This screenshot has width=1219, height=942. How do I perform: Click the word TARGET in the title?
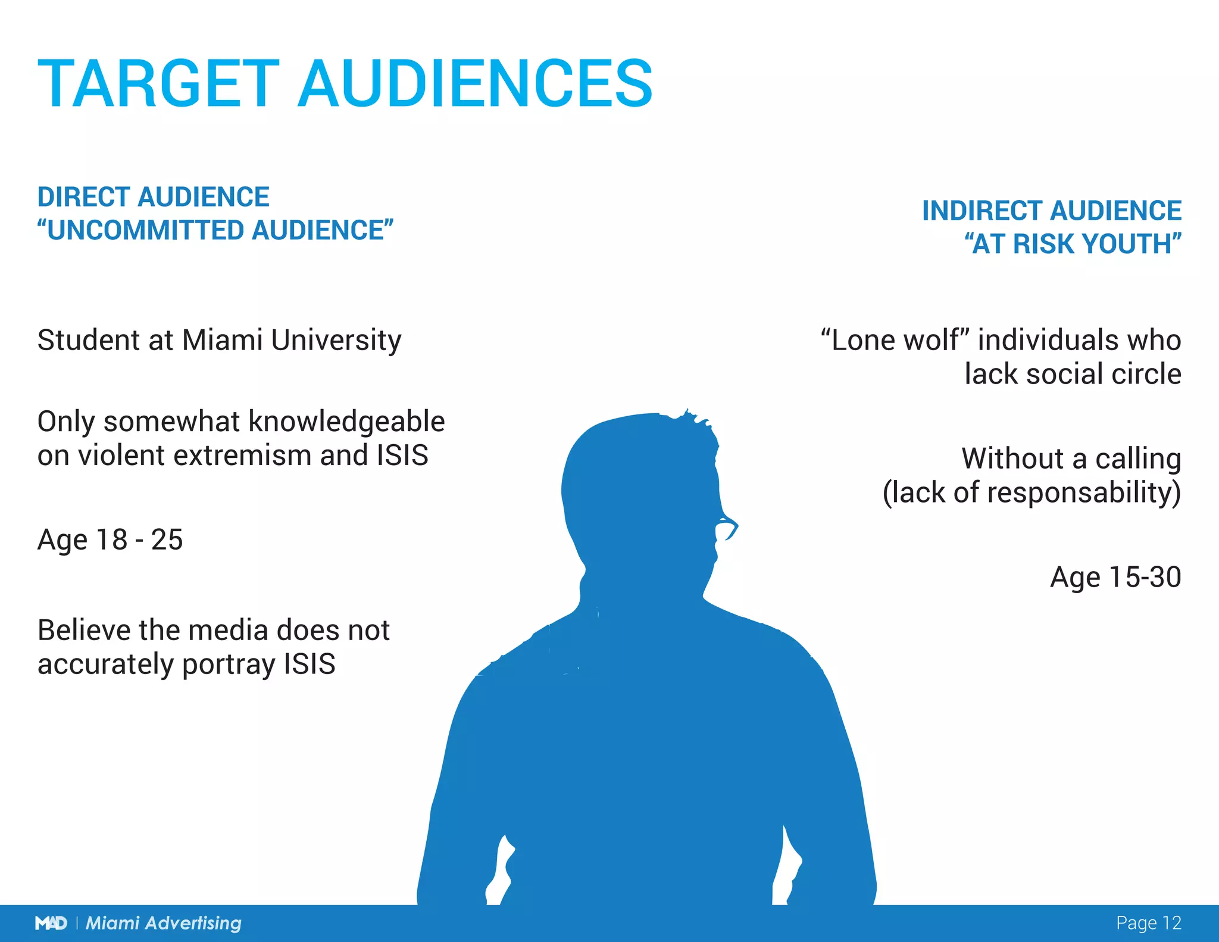(x=158, y=84)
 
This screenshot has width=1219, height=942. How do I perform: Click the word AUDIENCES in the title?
(x=476, y=84)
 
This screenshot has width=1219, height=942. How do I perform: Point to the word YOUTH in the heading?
(x=1131, y=244)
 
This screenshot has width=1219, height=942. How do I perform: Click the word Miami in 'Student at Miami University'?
(x=222, y=340)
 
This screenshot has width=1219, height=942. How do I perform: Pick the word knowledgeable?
(x=346, y=422)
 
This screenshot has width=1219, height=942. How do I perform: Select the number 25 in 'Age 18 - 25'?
(x=167, y=540)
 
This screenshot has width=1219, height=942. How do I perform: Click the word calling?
(x=1137, y=459)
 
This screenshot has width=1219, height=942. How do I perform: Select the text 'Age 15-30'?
(x=1115, y=577)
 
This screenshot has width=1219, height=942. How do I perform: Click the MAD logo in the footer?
(x=51, y=923)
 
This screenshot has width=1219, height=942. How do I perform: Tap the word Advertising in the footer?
(x=193, y=923)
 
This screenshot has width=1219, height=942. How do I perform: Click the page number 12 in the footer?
(x=1171, y=923)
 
